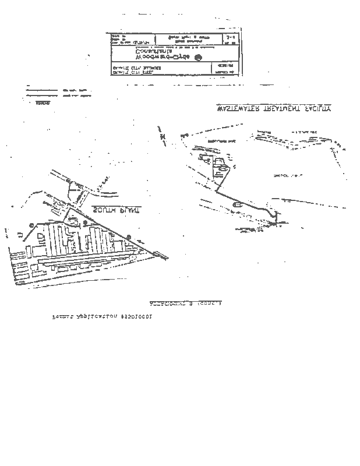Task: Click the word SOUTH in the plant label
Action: [x=127, y=210]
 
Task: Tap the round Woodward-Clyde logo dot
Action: [x=197, y=57]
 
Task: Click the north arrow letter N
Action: [x=164, y=136]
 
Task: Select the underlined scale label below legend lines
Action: [x=43, y=103]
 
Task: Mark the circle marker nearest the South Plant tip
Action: [x=129, y=235]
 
